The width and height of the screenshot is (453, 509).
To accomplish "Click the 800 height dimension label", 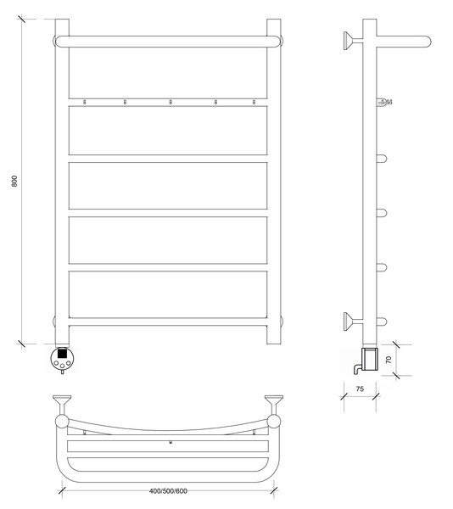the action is click(14, 181).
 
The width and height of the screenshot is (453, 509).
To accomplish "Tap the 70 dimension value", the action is click(389, 360).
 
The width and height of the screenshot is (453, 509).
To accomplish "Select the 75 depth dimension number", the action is click(360, 389).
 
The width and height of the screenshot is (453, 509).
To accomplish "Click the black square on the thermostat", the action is click(62, 353).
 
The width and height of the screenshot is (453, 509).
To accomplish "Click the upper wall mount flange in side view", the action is click(349, 41).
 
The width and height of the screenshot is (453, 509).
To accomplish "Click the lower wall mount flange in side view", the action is click(349, 322).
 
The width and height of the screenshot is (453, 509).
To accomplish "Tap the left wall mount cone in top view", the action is click(62, 400).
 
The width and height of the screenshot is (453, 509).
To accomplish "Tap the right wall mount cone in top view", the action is click(274, 400).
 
